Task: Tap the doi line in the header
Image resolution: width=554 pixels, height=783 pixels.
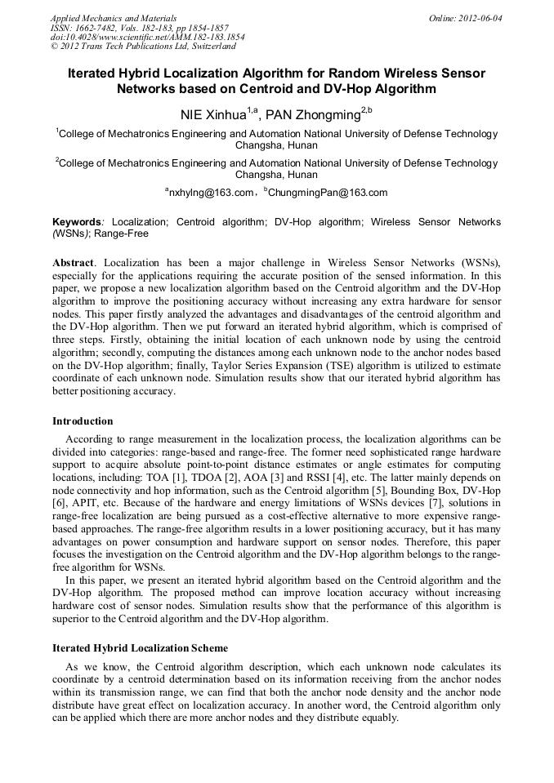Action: [x=147, y=37]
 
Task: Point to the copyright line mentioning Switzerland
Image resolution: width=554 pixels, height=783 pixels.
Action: [x=143, y=47]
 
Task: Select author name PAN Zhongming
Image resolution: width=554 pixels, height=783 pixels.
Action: [x=315, y=115]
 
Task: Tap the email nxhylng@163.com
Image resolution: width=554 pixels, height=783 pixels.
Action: [x=211, y=194]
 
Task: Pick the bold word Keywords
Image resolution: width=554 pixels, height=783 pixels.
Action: [x=78, y=222]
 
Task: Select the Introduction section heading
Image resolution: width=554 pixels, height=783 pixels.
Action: [x=83, y=421]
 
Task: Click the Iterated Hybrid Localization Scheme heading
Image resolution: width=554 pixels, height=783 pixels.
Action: [x=140, y=647]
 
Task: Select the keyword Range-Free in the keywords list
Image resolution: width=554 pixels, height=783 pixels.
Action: [x=122, y=234]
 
